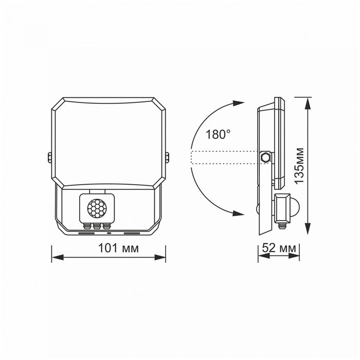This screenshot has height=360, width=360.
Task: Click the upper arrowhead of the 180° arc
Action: tap(239, 103)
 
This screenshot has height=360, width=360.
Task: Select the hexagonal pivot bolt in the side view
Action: tap(265, 156)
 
